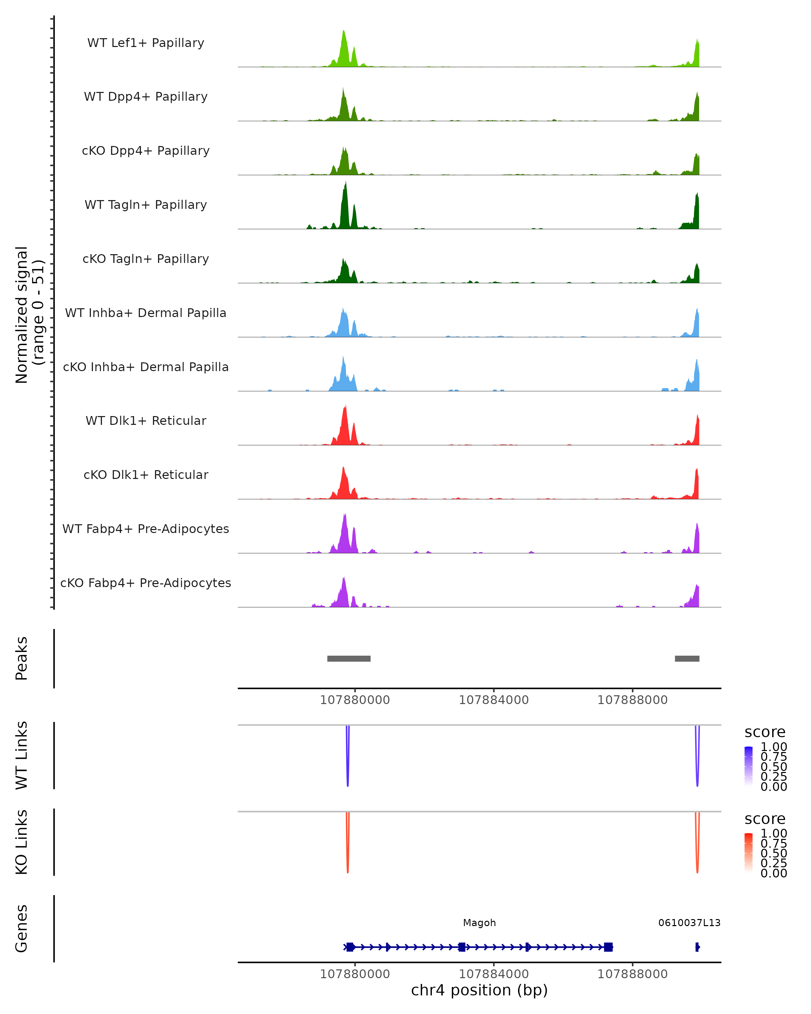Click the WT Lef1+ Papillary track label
pos(146,43)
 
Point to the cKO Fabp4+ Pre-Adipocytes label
pos(146,583)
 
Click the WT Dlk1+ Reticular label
pos(146,420)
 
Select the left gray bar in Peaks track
pos(349,658)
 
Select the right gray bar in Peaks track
pos(687,658)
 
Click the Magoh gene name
pos(479,923)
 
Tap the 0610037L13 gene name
pos(689,923)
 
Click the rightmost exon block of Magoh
pos(608,947)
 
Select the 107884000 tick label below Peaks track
pos(494,700)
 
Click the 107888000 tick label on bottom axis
pos(632,974)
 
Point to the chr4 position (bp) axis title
pos(479,990)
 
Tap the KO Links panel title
pos(22,842)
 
